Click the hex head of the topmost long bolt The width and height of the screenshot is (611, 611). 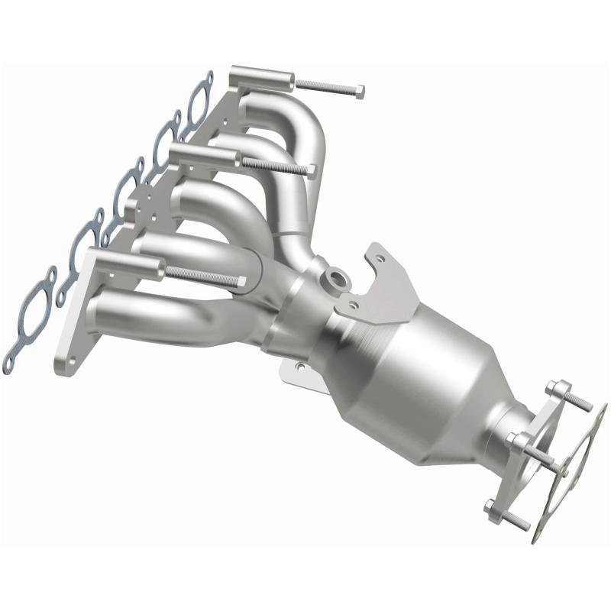(358, 92)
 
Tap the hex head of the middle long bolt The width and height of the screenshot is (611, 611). (311, 170)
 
